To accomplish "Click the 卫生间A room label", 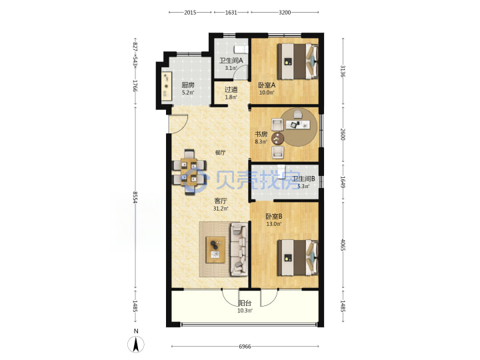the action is [231, 60].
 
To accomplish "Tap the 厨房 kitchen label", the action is [187, 85].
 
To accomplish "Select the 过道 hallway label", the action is [231, 89].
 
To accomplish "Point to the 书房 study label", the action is [261, 134].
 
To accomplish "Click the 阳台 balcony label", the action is [245, 303].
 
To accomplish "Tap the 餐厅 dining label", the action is [220, 153].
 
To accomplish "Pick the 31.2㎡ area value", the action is [221, 209].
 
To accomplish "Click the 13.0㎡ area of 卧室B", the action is [274, 224].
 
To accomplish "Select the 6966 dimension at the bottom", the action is [245, 347].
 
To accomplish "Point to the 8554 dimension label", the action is [135, 198].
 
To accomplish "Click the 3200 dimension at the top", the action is [285, 12].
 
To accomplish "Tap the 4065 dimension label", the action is [343, 245].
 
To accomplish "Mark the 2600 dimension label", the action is [343, 135].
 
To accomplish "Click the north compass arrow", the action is [136, 344].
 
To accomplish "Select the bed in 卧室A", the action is [297, 61].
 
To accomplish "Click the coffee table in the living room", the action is [215, 249].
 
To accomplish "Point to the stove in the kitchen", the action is [167, 86].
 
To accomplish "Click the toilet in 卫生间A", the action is [240, 49].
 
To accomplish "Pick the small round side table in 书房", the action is [277, 139].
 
